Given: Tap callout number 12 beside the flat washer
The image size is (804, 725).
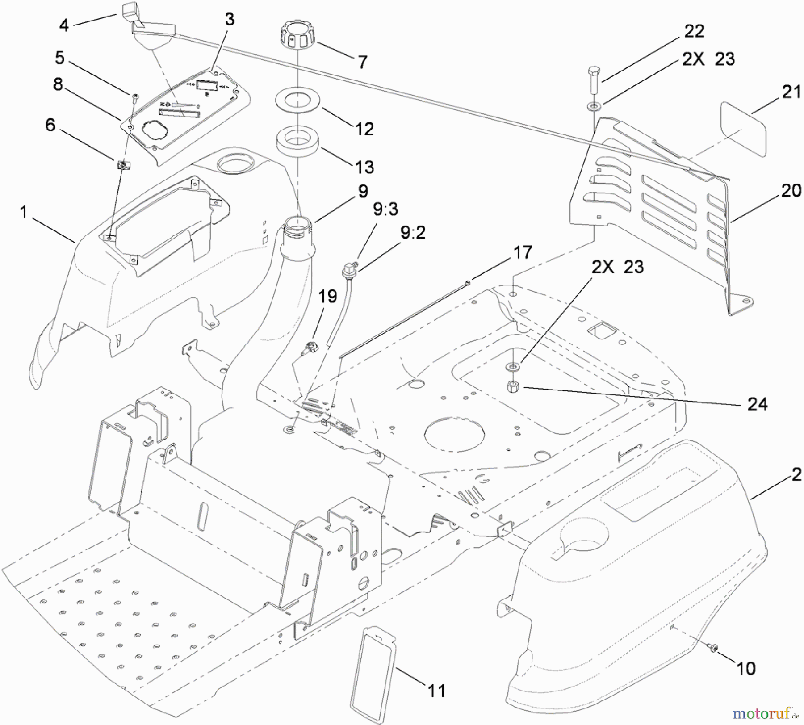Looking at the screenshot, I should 364,129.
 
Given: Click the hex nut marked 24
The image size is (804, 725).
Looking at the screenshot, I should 512,386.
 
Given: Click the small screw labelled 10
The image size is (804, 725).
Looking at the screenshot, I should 713,646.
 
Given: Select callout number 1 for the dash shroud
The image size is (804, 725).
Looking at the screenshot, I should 24,213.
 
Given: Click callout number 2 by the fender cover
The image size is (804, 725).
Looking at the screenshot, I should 796,474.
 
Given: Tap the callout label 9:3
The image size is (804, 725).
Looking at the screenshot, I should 385,209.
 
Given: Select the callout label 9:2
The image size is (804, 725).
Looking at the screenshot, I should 413,233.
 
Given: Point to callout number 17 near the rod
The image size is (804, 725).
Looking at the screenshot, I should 523,253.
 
